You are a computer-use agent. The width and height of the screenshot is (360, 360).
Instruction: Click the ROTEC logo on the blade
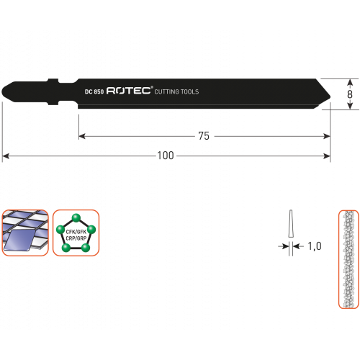click(x=130, y=91)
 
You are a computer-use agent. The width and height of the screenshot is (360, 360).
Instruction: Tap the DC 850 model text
click(x=94, y=91)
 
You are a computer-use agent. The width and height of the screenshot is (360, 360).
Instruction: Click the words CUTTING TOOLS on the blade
click(x=176, y=91)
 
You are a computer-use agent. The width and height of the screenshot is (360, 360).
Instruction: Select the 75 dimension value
click(x=204, y=136)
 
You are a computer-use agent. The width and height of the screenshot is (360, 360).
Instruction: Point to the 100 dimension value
click(x=166, y=156)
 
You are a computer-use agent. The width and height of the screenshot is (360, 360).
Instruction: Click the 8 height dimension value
click(x=350, y=94)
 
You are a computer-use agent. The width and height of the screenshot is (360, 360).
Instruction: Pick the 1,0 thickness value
click(x=315, y=246)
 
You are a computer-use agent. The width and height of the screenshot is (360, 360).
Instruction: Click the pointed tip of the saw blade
click(x=330, y=96)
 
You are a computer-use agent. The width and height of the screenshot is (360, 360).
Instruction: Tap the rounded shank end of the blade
click(x=3, y=91)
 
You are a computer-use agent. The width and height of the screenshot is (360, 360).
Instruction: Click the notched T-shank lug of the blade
click(x=53, y=91)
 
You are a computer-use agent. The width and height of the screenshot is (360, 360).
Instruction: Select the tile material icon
click(x=25, y=233)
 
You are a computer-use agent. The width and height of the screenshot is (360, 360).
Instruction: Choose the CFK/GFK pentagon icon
click(x=76, y=233)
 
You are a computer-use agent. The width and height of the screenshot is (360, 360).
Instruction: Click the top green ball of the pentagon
click(x=76, y=218)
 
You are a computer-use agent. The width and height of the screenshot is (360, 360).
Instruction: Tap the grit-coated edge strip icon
click(x=348, y=259)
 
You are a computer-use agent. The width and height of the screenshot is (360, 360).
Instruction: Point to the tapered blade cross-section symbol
click(x=291, y=224)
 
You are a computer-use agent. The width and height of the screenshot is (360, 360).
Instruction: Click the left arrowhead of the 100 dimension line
click(x=5, y=156)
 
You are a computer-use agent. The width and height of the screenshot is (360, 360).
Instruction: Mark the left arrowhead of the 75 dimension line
click(x=82, y=136)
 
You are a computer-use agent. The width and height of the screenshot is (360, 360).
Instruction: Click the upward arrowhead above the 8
click(x=350, y=82)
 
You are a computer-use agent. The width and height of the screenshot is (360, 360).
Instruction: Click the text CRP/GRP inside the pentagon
click(x=76, y=238)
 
